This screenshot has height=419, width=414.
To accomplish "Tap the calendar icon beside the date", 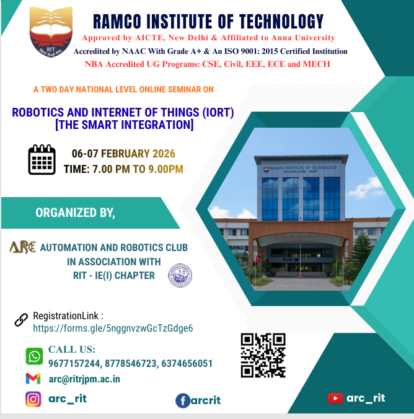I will click(x=42, y=160).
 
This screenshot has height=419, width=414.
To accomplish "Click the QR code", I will click(x=263, y=355).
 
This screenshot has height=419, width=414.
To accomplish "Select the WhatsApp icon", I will click(x=34, y=356).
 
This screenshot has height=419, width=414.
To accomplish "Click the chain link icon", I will click(x=21, y=320).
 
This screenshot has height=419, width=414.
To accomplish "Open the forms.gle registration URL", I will click(x=113, y=328).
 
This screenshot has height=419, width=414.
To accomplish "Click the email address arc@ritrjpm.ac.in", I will click(x=84, y=378).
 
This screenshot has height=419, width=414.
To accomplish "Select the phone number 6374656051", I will click(x=185, y=363).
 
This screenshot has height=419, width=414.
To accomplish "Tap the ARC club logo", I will click(x=23, y=247).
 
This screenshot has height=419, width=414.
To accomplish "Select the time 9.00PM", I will click(x=164, y=169).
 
